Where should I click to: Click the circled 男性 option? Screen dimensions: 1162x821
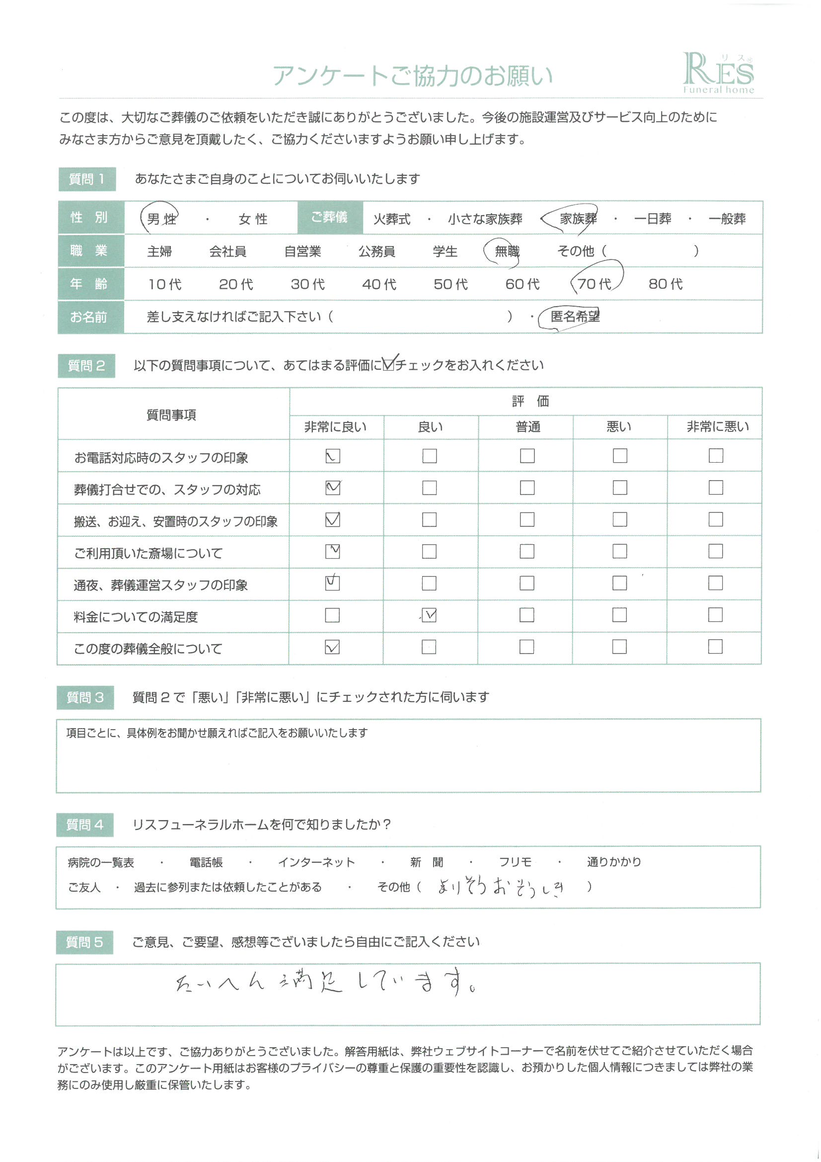(x=161, y=219)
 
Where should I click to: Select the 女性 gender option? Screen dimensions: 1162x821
(x=253, y=219)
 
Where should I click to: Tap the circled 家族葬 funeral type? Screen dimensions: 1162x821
(x=577, y=219)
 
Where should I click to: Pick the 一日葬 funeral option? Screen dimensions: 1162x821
(x=652, y=219)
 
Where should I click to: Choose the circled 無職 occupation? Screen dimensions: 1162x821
(x=507, y=251)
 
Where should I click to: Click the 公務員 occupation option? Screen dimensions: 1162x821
(x=377, y=251)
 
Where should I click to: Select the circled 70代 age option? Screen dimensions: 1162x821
(x=595, y=284)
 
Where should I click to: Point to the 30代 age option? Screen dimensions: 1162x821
(x=307, y=284)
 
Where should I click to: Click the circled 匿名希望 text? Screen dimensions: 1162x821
(x=575, y=317)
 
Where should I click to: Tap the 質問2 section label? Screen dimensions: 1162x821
(x=86, y=365)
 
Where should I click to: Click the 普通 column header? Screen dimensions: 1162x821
(x=527, y=427)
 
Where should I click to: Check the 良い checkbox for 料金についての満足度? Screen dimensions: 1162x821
(x=429, y=615)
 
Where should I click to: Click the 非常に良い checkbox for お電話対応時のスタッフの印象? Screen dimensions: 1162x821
(x=333, y=456)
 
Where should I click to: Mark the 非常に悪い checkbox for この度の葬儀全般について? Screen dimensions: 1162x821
(x=715, y=647)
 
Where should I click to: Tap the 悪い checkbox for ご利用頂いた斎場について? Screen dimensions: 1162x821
(x=620, y=551)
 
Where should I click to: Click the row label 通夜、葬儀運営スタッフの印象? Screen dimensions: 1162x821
(x=160, y=585)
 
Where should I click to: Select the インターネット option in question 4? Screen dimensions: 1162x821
(x=316, y=862)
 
